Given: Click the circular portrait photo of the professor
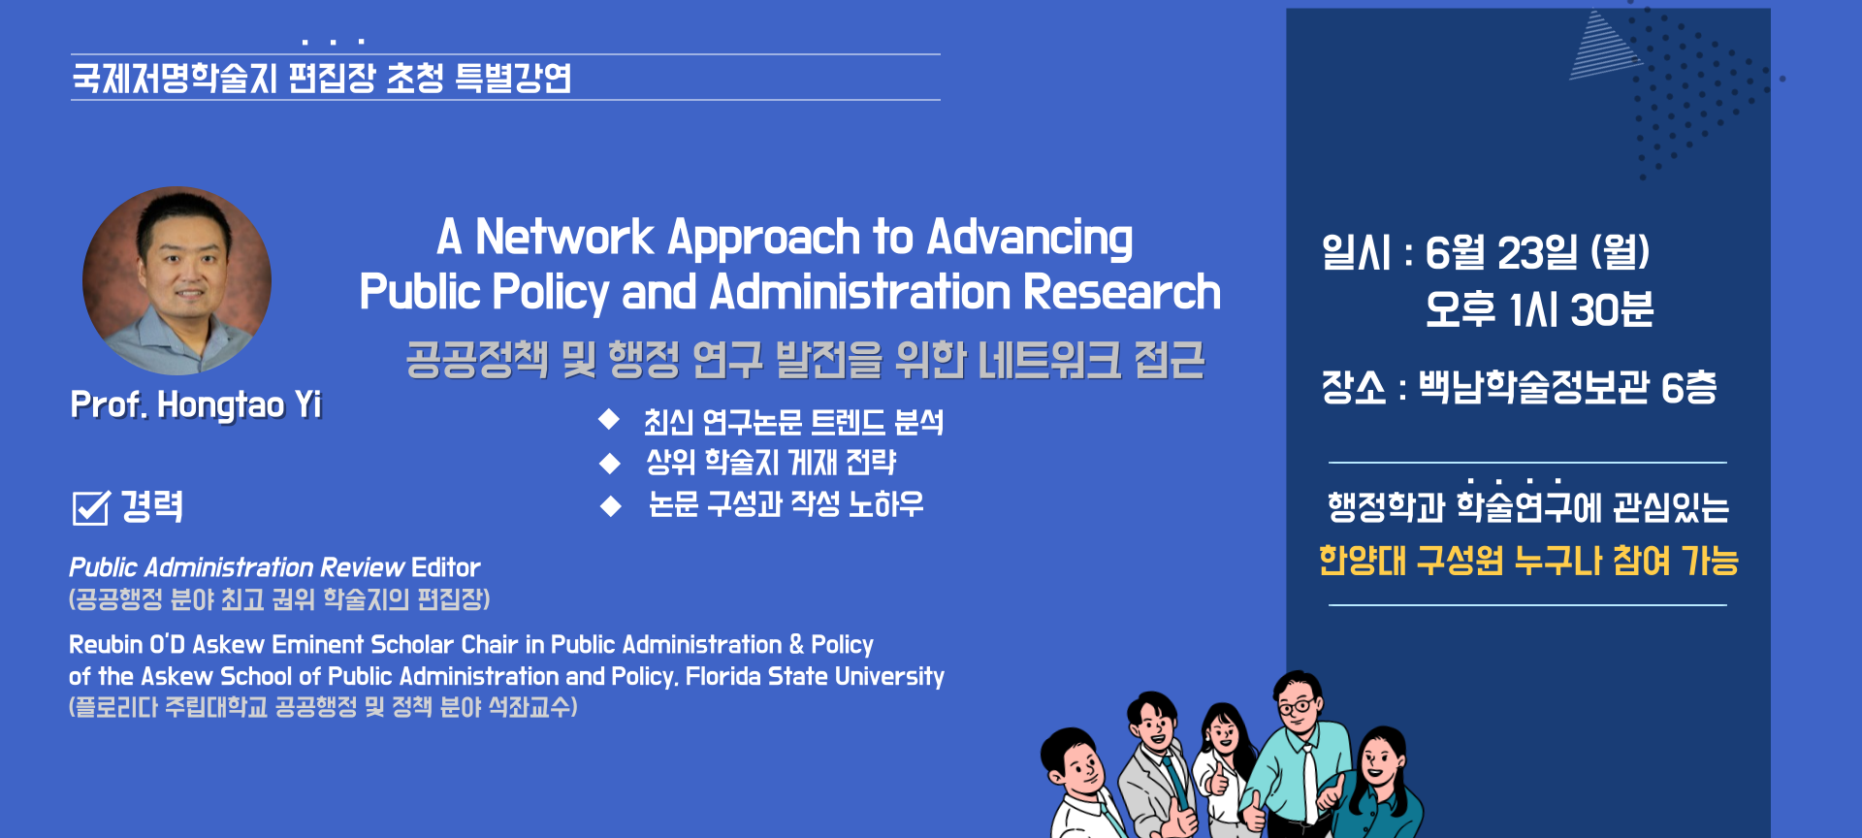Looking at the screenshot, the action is pos(177,281).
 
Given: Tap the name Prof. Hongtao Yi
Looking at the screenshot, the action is pos(196,405).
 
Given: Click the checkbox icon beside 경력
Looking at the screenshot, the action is pos(91,506).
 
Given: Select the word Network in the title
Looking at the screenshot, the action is pos(564,238).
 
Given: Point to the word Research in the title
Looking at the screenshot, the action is pos(1122,292).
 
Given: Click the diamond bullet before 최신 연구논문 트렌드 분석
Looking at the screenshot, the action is pos(609,419).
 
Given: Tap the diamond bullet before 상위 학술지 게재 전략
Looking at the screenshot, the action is pos(609,463).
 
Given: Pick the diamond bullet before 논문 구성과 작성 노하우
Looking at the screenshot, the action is pos(610,505).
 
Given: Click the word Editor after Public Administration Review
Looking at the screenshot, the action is pos(446,567).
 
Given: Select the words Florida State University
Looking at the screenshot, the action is pos(816,676).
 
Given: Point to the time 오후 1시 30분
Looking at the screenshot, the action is pos(1539,310).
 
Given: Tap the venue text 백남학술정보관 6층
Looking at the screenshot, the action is pos(1568,387).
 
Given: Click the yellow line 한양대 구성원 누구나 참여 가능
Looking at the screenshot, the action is pos(1528,561).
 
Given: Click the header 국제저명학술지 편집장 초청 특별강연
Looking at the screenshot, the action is pos(322,78).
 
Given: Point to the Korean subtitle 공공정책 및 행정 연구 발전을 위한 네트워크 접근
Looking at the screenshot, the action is pos(805,360).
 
